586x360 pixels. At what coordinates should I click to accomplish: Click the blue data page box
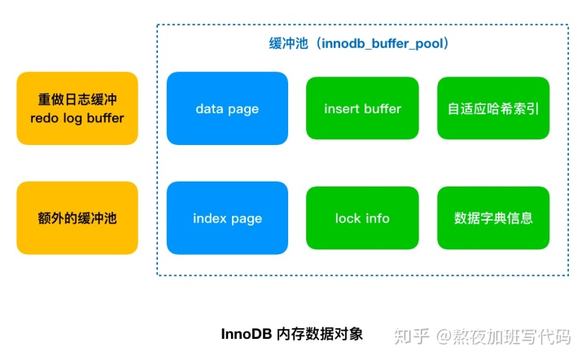pyautogui.click(x=227, y=108)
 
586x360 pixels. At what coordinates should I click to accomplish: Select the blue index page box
pyautogui.click(x=227, y=218)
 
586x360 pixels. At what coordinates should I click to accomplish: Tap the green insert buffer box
pyautogui.click(x=362, y=108)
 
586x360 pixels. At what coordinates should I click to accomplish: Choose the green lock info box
pyautogui.click(x=362, y=218)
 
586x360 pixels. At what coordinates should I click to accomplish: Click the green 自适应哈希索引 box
pyautogui.click(x=493, y=108)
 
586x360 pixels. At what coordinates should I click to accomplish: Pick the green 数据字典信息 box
pyautogui.click(x=493, y=218)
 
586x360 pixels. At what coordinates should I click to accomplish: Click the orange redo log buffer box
pyautogui.click(x=77, y=108)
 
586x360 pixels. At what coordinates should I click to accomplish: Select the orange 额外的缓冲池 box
pyautogui.click(x=77, y=218)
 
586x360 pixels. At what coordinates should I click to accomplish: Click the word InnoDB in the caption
pyautogui.click(x=247, y=334)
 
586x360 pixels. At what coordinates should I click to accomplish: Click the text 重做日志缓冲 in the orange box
pyautogui.click(x=77, y=99)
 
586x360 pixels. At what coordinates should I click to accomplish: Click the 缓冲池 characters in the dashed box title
pyautogui.click(x=288, y=43)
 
